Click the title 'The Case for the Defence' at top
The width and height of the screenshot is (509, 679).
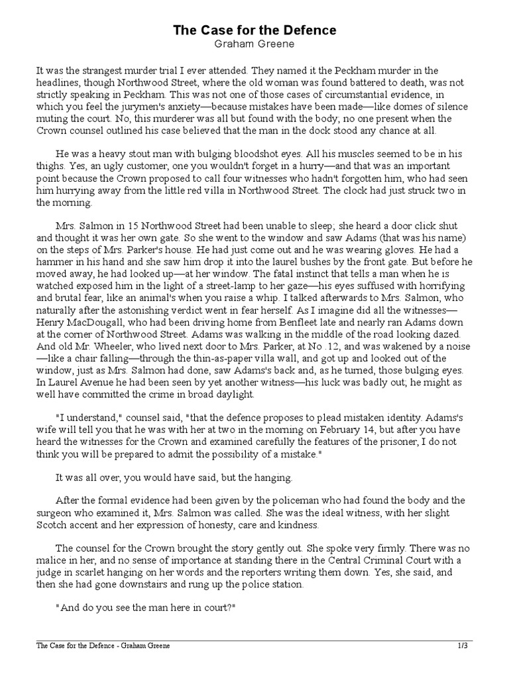[x=254, y=31]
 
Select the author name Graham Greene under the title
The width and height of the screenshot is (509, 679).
[x=254, y=44]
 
